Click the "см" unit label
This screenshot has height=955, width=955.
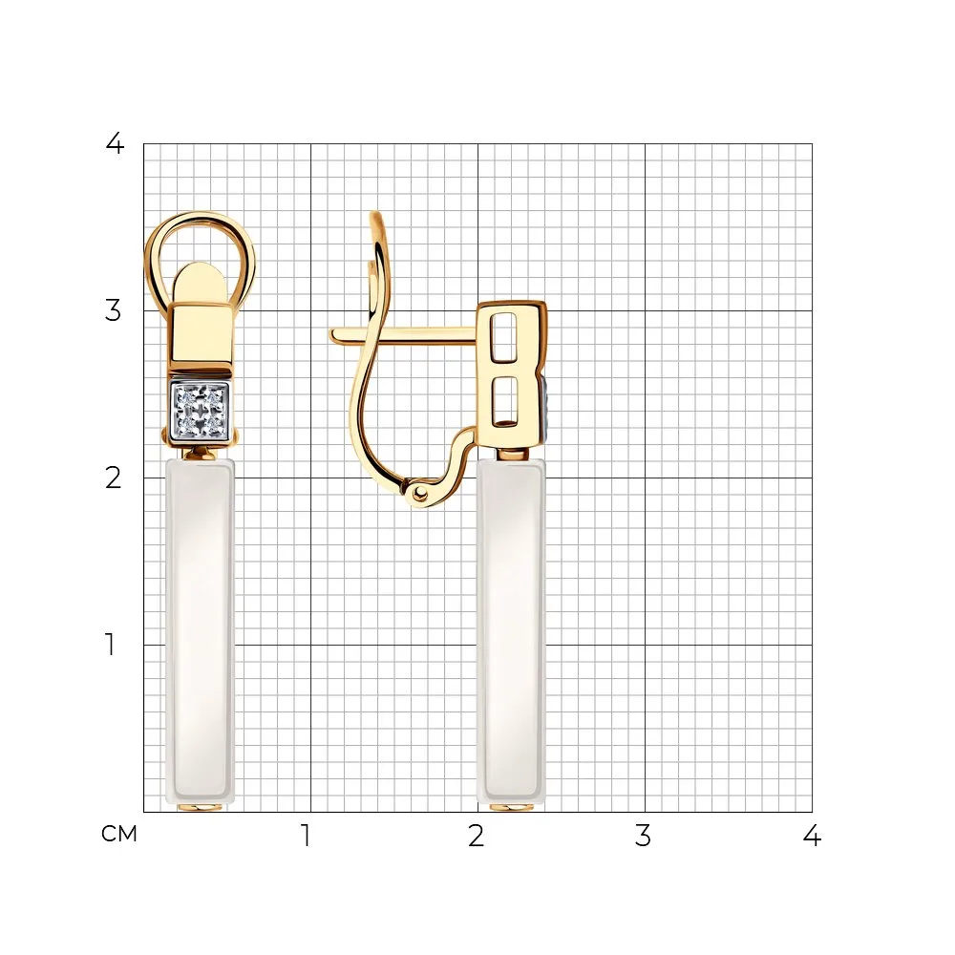pos(119,834)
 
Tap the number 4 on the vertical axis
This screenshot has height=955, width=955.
pos(116,144)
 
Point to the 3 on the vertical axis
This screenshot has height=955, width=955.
pos(114,310)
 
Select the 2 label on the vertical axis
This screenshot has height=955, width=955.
pos(114,478)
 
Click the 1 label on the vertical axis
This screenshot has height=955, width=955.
pos(110,645)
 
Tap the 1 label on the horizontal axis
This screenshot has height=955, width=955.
pos(307,837)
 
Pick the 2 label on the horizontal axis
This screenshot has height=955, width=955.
pos(477,837)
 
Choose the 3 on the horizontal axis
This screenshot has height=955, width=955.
pos(643,837)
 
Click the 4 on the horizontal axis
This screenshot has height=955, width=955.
pos(812,837)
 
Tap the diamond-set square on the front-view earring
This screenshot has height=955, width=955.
pos(200,412)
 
